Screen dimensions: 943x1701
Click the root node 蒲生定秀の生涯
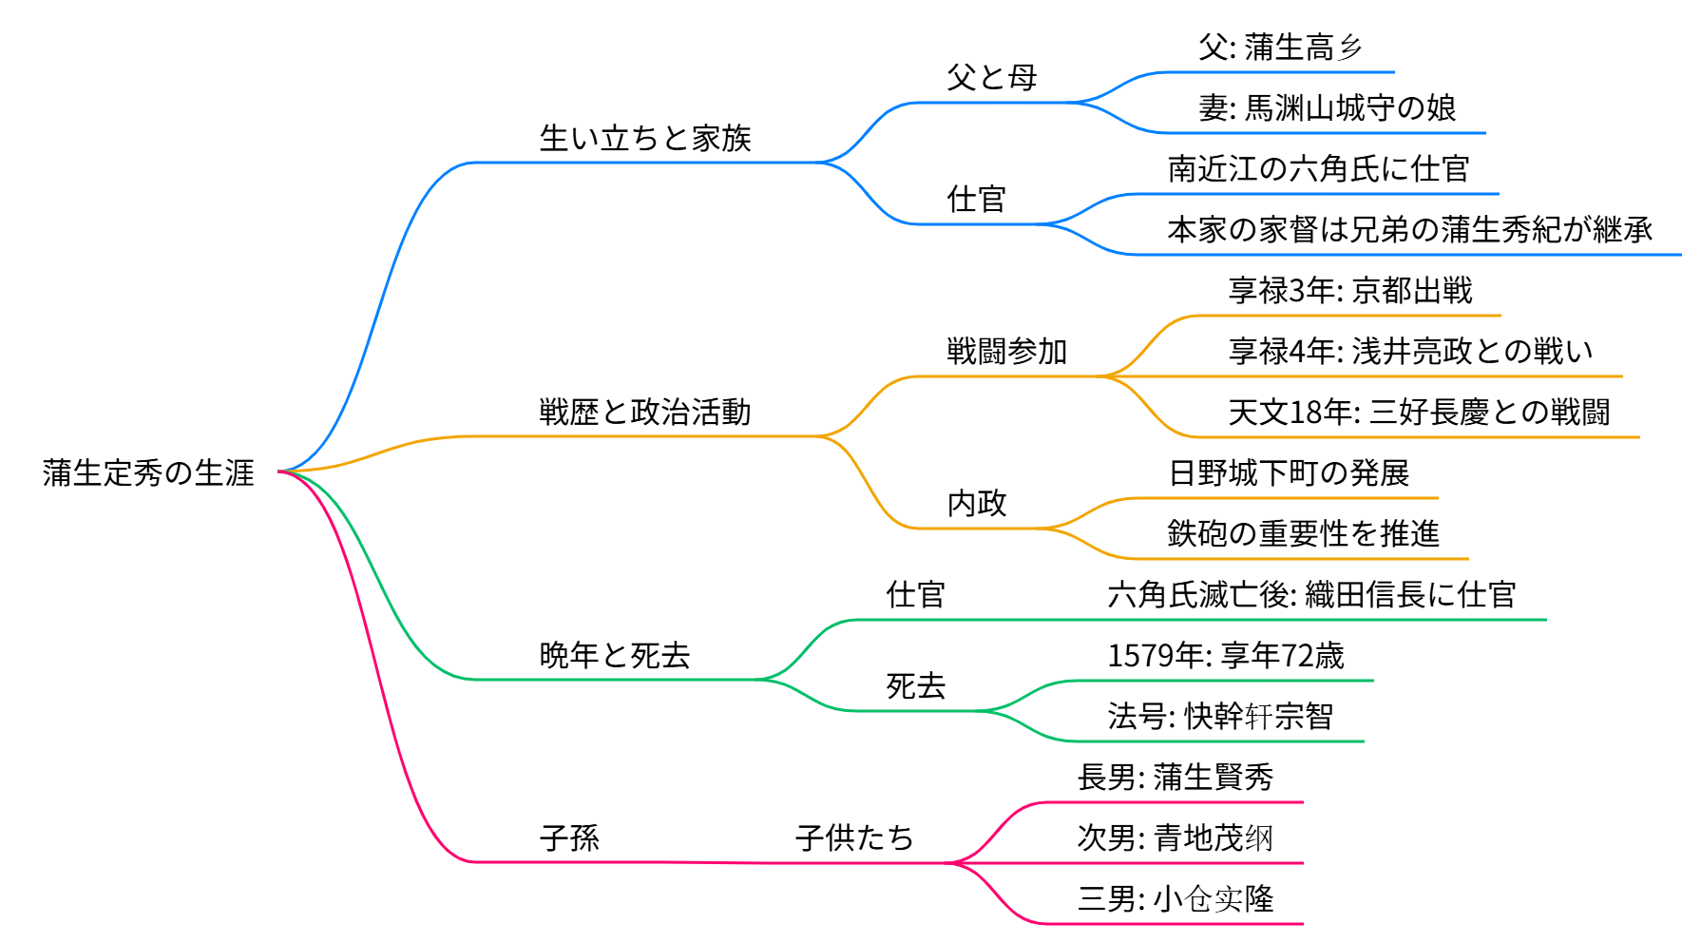pyautogui.click(x=148, y=472)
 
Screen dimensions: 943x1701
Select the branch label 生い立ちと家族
pyautogui.click(x=645, y=139)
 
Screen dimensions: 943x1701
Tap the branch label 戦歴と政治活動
pyautogui.click(x=645, y=413)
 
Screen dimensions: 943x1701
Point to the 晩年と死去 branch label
pyautogui.click(x=615, y=656)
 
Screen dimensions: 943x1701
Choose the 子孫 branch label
pyautogui.click(x=569, y=838)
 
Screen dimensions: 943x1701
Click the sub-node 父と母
pyautogui.click(x=991, y=78)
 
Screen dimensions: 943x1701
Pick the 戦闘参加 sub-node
pyautogui.click(x=1007, y=352)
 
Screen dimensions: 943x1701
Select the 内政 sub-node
pyautogui.click(x=977, y=504)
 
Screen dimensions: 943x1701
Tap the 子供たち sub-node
pyautogui.click(x=854, y=838)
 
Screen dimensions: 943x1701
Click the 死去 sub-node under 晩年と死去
pyautogui.click(x=916, y=686)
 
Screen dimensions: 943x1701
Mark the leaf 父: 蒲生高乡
pyautogui.click(x=1280, y=48)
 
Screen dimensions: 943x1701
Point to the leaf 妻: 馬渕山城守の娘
pyautogui.click(x=1327, y=108)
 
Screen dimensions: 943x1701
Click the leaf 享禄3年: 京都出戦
pyautogui.click(x=1350, y=291)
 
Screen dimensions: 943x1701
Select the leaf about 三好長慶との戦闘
pyautogui.click(x=1419, y=413)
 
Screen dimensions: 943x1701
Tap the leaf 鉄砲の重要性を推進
pyautogui.click(x=1303, y=534)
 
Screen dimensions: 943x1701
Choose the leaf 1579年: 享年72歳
pyautogui.click(x=1226, y=656)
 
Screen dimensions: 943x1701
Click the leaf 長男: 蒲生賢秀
pyautogui.click(x=1175, y=778)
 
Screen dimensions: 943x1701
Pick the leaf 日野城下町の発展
pyautogui.click(x=1289, y=473)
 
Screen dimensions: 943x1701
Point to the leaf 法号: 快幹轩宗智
pyautogui.click(x=1220, y=717)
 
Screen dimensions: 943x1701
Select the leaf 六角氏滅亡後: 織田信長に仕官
pyautogui.click(x=1311, y=595)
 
